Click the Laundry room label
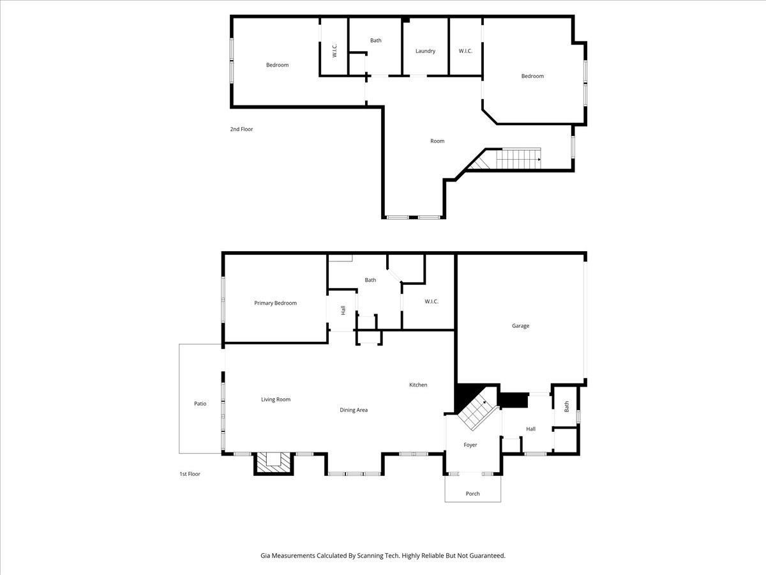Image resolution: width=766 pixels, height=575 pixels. point(425,51)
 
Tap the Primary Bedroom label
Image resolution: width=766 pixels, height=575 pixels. point(275,303)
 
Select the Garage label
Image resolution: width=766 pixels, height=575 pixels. point(520,326)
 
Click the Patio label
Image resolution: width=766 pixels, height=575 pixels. point(200,403)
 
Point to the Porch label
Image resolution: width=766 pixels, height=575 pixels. point(472,493)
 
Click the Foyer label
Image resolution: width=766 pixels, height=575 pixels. point(470,445)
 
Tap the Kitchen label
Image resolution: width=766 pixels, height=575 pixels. point(418,385)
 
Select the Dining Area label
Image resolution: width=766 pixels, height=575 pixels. point(353,410)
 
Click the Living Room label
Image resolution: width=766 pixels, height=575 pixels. point(275,399)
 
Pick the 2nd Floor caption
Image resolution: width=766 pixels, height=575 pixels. point(241,129)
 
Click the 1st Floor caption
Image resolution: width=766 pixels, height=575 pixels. point(190,474)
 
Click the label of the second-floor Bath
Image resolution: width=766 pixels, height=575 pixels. point(375,40)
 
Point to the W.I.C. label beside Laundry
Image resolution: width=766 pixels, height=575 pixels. point(465,51)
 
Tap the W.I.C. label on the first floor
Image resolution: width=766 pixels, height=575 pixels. point(431,302)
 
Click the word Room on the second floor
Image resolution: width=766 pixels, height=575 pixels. point(437,141)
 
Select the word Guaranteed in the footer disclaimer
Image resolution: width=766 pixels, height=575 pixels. point(484,556)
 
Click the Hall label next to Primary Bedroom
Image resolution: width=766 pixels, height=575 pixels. point(343,310)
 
